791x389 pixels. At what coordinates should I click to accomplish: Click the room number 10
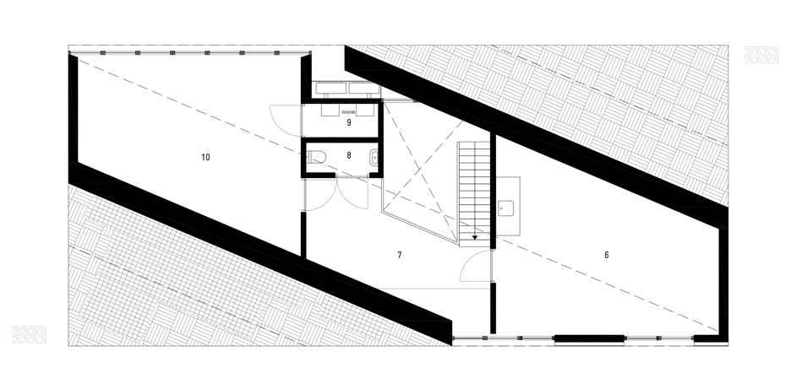(205, 157)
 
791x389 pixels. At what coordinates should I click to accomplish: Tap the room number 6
(607, 255)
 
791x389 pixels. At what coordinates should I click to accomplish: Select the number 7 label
(400, 255)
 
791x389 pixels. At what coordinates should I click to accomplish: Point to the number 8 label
(348, 156)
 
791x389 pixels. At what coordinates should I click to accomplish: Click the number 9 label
(348, 122)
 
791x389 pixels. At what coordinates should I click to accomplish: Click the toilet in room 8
(316, 158)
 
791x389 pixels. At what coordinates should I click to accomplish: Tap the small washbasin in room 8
(374, 158)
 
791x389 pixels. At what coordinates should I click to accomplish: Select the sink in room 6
(505, 208)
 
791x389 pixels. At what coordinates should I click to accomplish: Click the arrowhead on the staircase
(475, 237)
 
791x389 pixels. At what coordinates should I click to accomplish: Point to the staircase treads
(474, 194)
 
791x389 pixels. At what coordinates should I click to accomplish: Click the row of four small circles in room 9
(348, 112)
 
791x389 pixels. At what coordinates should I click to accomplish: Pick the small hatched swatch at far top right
(761, 55)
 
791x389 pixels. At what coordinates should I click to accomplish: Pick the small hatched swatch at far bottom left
(30, 335)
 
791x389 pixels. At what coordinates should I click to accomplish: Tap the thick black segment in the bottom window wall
(589, 338)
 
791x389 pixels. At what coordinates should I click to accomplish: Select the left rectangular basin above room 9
(331, 88)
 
